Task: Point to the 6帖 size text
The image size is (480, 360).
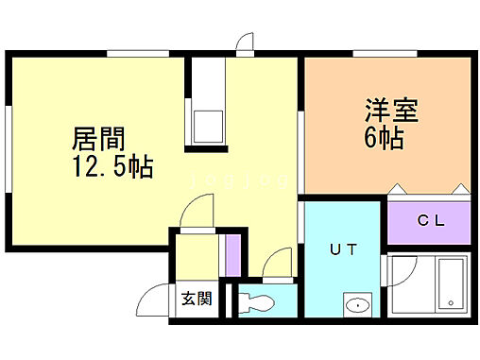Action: click(384, 138)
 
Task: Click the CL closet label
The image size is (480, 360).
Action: click(431, 220)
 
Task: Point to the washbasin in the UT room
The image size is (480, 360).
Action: click(357, 305)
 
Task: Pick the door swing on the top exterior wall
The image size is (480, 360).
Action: click(246, 43)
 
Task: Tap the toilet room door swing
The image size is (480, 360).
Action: click(279, 265)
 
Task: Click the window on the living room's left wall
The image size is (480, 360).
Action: click(8, 142)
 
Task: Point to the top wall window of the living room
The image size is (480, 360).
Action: click(131, 55)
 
